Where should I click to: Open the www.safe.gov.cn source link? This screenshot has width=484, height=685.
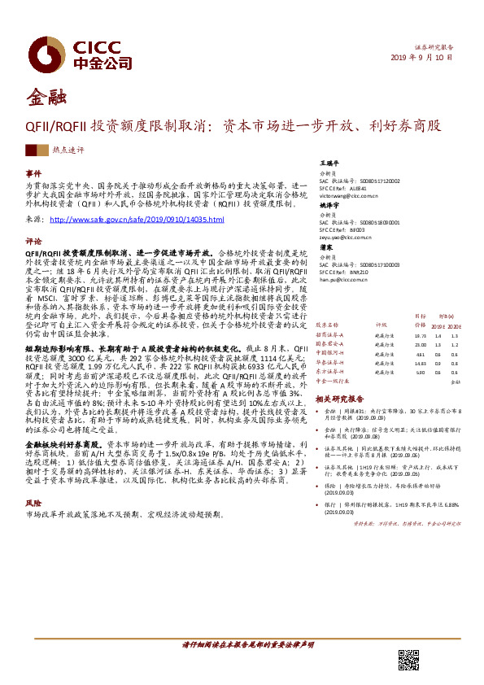137,220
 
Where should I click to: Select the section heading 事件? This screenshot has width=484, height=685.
33,174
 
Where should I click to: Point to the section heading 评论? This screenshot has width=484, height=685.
33,242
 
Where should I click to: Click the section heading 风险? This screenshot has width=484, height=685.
33,504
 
